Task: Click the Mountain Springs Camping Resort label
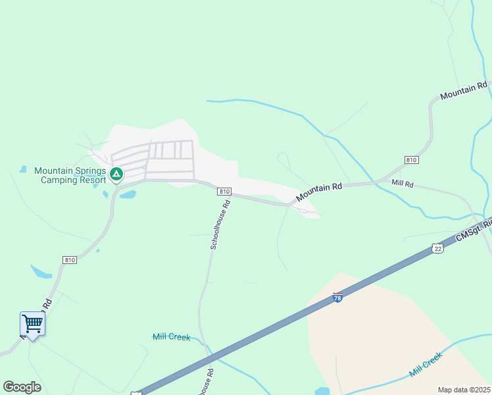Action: [x=70, y=175]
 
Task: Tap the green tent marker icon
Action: [x=116, y=174]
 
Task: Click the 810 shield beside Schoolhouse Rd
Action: [x=224, y=191]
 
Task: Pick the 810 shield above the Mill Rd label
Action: [x=412, y=160]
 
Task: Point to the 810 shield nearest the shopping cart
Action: [x=70, y=260]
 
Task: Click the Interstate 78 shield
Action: [x=338, y=298]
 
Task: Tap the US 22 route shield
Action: [x=438, y=248]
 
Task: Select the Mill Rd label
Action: [x=402, y=184]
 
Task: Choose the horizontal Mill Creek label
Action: [x=171, y=337]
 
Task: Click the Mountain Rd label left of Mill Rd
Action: [x=319, y=192]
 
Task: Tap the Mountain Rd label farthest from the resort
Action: [x=464, y=91]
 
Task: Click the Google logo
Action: [x=22, y=387]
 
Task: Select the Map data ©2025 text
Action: [x=464, y=390]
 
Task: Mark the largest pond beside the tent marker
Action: [x=127, y=195]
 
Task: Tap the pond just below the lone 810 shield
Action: [x=40, y=271]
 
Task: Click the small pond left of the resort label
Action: [x=22, y=170]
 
